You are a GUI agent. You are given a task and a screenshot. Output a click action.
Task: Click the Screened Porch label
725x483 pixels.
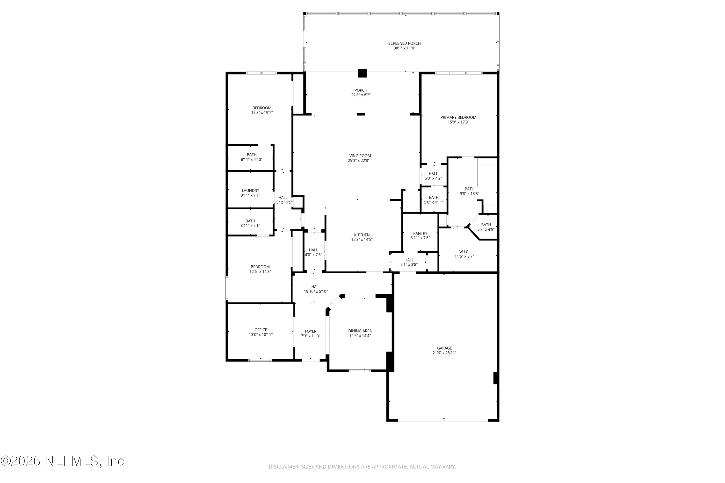point(404,43)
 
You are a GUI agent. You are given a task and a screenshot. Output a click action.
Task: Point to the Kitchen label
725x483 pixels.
point(362,235)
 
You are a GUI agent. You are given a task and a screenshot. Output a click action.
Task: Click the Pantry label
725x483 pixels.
point(420,233)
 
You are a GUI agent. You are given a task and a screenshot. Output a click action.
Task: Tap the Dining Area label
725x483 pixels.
point(360,331)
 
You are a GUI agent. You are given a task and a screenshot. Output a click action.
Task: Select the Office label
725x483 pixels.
point(261,330)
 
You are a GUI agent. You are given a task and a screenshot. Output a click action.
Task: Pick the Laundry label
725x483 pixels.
point(250,191)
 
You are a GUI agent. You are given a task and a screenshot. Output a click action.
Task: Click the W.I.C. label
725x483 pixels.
point(464,252)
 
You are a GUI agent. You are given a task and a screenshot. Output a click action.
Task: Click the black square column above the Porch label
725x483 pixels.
point(362,73)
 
